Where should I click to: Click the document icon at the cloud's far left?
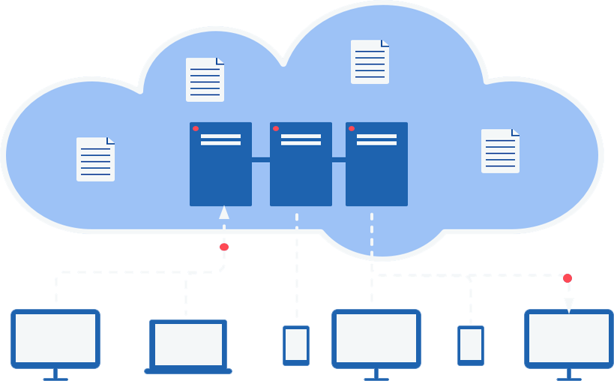pyautogui.click(x=95, y=159)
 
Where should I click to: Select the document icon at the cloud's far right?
pyautogui.click(x=500, y=151)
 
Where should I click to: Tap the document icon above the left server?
pyautogui.click(x=205, y=79)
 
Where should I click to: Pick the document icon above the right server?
pyautogui.click(x=370, y=61)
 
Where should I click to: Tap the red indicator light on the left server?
pyautogui.click(x=196, y=128)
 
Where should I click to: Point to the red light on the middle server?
pyautogui.click(x=276, y=128)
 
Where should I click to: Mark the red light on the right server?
pyautogui.click(x=352, y=128)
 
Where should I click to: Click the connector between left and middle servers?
pyautogui.click(x=261, y=159)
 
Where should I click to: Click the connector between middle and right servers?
pyautogui.click(x=339, y=159)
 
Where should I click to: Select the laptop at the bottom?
pyautogui.click(x=188, y=346)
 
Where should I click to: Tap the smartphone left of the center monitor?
pyautogui.click(x=296, y=345)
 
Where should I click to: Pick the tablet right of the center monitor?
pyautogui.click(x=471, y=345)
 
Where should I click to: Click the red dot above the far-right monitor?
pyautogui.click(x=568, y=278)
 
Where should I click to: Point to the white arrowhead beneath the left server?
pyautogui.click(x=223, y=212)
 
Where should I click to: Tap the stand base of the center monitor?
pyautogui.click(x=376, y=378)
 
